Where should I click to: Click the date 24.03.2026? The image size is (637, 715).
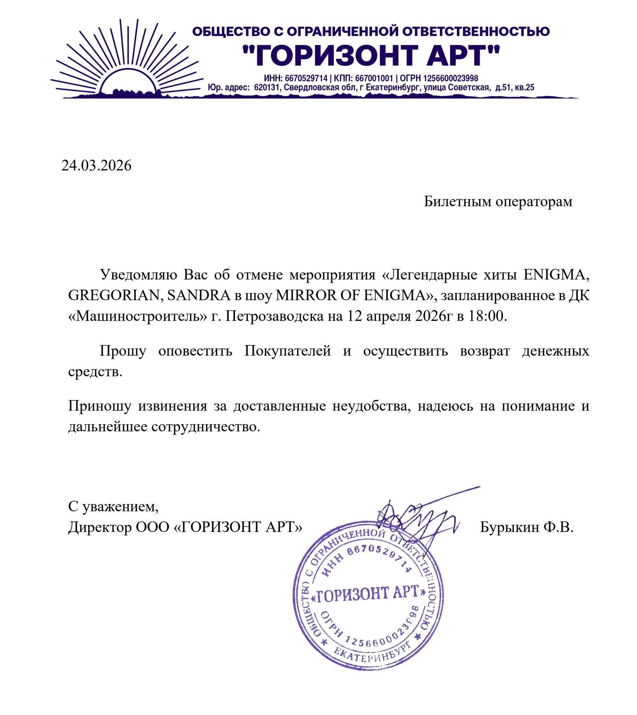click(x=96, y=166)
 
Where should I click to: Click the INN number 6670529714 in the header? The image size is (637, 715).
click(x=306, y=78)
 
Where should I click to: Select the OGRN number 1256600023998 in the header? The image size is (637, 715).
click(x=450, y=78)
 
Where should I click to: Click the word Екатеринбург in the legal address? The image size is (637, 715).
click(x=393, y=87)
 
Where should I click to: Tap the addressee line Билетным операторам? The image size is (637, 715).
click(x=498, y=201)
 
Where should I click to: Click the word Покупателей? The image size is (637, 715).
click(x=287, y=351)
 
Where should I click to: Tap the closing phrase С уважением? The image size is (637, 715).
click(x=113, y=506)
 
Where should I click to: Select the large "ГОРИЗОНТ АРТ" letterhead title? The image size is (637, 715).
click(x=371, y=55)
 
